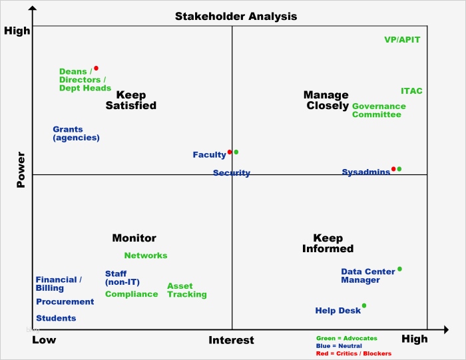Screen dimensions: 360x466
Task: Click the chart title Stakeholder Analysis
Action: [x=236, y=16]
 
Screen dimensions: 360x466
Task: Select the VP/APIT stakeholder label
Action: [x=402, y=39]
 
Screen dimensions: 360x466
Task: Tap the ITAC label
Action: [x=411, y=90]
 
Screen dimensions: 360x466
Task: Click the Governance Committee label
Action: [x=378, y=110]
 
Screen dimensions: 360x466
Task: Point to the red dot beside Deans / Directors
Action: [x=96, y=68]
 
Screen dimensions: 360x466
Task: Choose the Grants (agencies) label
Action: [x=76, y=133]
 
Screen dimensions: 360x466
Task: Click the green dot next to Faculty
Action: [x=236, y=152]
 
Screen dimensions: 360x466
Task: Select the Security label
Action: [x=232, y=173]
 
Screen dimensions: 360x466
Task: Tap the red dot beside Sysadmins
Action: [x=393, y=169]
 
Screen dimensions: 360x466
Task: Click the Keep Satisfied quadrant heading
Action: [x=131, y=100]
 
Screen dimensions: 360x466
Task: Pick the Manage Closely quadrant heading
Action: [x=326, y=100]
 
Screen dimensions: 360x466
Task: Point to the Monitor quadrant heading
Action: [x=134, y=238]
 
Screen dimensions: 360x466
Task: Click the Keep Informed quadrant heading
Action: [x=328, y=244]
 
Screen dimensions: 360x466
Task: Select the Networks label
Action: [x=146, y=256]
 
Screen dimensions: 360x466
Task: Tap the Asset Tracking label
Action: [x=186, y=290]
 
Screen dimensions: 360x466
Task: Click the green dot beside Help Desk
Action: [x=364, y=306]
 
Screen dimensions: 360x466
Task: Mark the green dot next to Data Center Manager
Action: [x=399, y=270]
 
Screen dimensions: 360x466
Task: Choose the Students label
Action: [x=56, y=318]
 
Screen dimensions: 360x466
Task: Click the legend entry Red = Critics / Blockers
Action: [x=353, y=353]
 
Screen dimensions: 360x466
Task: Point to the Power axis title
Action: [x=21, y=170]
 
